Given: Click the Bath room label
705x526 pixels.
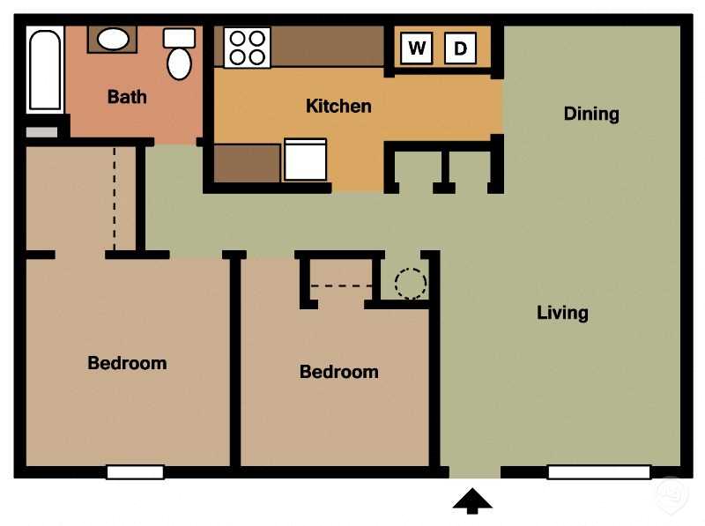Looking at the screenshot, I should click(x=127, y=96).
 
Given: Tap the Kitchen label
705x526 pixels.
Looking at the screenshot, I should click(x=338, y=106).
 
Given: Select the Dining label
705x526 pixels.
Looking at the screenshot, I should click(x=591, y=114).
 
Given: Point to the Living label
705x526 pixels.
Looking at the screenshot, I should click(x=562, y=313).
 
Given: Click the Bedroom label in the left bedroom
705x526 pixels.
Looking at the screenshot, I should click(x=127, y=363).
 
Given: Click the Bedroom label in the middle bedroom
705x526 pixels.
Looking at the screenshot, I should click(x=338, y=372).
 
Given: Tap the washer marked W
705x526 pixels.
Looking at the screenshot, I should click(x=417, y=48).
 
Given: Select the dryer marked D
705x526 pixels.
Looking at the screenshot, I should click(x=460, y=48).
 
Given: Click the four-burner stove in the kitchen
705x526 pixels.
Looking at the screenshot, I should click(x=246, y=48).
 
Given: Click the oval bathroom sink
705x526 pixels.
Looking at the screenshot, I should click(x=112, y=39).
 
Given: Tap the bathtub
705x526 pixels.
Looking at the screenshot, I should click(x=44, y=70).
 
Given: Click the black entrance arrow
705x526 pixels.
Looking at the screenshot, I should click(x=472, y=501).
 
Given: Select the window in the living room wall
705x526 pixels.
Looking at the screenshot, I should click(x=598, y=472).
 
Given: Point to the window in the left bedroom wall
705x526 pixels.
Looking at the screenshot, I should click(x=135, y=472).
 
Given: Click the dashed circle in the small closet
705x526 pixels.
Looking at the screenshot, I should click(x=410, y=284).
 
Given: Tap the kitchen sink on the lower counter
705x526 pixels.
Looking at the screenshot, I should click(x=305, y=160).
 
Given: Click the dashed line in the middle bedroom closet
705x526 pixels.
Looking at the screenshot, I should click(x=340, y=286).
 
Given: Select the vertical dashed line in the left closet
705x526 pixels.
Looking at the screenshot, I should click(x=114, y=198).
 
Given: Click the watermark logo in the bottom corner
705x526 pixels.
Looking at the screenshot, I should click(x=672, y=493).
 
